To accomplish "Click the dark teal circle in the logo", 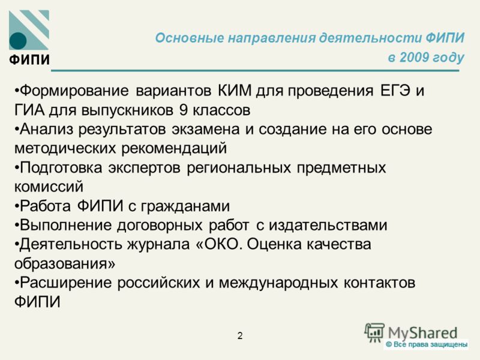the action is click(x=18, y=41).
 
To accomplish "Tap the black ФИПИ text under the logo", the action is click(x=29, y=59).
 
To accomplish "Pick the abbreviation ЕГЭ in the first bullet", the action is click(x=395, y=91).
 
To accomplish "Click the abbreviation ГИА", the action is click(x=29, y=110).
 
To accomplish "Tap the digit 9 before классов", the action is click(x=183, y=110).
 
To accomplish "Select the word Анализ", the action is click(x=47, y=129).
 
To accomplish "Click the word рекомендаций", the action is click(x=174, y=149).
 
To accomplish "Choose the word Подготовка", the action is click(x=61, y=168).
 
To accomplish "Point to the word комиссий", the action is click(x=49, y=187).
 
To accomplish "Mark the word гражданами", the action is click(x=185, y=206).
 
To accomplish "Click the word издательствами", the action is click(x=328, y=226).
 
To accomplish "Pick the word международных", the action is click(x=278, y=283).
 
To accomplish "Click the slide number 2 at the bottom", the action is click(x=240, y=336).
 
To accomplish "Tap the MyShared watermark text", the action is click(x=422, y=333).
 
